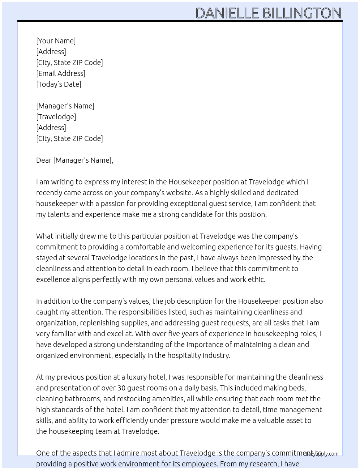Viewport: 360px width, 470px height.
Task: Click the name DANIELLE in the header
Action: pos(227,13)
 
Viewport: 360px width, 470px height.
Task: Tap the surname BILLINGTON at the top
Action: pos(302,13)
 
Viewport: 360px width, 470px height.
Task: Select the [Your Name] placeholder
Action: pos(56,41)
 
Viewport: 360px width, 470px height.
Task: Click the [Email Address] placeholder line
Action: pos(61,73)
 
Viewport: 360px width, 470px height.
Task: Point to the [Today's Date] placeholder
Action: pos(59,84)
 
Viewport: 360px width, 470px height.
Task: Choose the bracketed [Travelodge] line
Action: pos(56,117)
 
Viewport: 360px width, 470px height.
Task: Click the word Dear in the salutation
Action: pos(44,160)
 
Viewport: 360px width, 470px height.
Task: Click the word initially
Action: pos(69,236)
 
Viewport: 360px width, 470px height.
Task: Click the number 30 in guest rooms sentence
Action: pos(122,388)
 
